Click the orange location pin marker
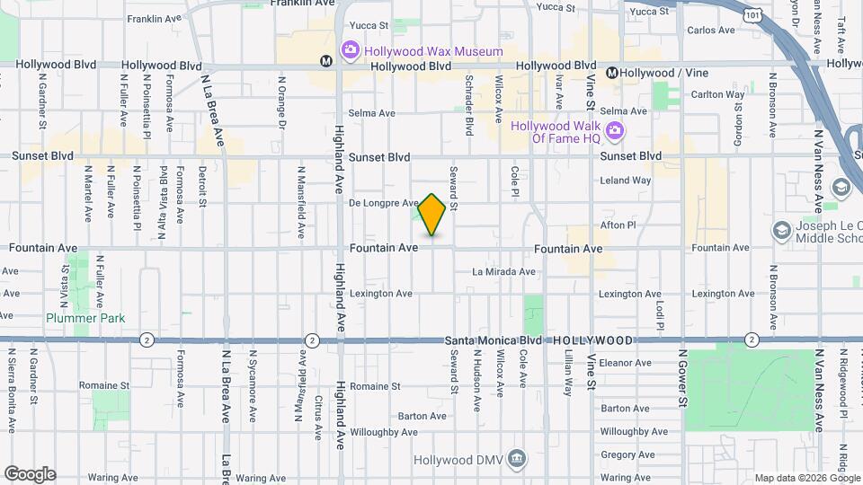[432, 215]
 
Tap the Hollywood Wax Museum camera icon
[350, 50]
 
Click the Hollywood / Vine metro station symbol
[611, 72]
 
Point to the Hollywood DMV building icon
[517, 459]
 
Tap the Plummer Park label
[86, 318]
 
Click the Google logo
[30, 474]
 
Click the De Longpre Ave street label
[384, 203]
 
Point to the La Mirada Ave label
[503, 271]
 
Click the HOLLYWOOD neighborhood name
[593, 341]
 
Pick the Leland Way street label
[626, 181]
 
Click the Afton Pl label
[618, 225]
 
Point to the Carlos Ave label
[712, 30]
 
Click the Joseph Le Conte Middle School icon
[783, 230]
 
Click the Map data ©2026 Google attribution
[806, 478]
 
